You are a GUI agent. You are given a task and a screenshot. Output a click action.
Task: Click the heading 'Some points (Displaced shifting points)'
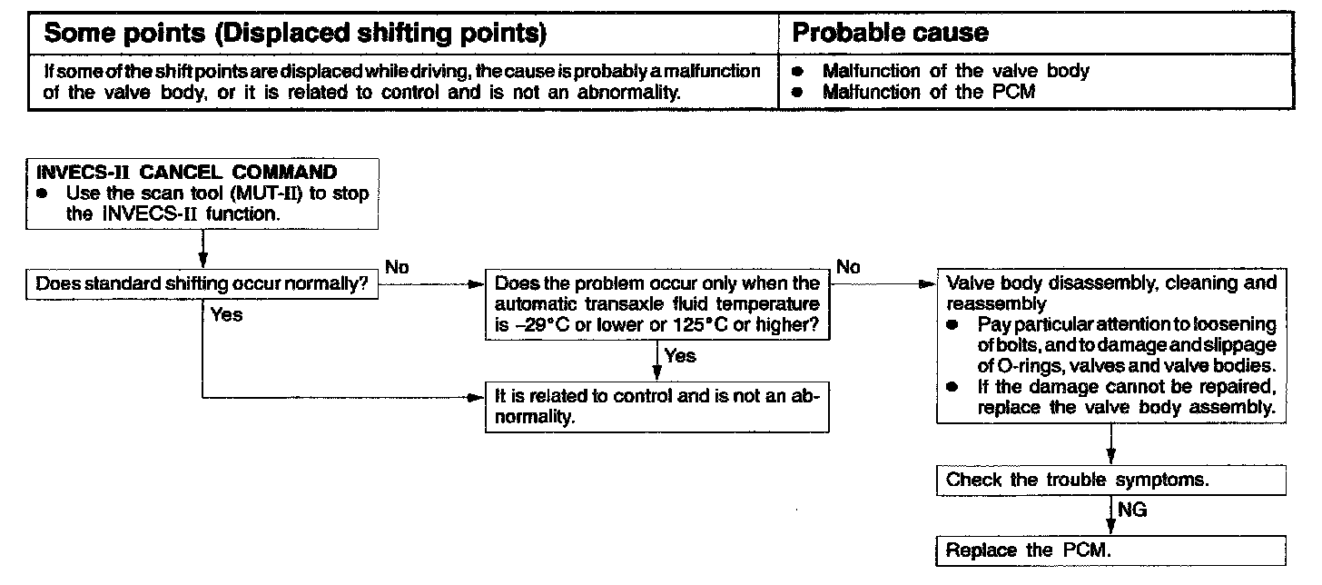point(295,34)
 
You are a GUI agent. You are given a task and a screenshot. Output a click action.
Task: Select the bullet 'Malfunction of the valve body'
point(955,71)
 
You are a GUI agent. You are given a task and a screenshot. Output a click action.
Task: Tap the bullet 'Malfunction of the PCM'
point(928,92)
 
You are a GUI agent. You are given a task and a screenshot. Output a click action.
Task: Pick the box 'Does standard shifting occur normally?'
point(201,283)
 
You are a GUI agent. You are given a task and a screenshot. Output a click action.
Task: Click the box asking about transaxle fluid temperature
point(656,305)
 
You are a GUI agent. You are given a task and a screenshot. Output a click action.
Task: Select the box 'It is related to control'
point(656,408)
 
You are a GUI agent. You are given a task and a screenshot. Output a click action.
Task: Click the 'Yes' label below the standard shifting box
point(227,315)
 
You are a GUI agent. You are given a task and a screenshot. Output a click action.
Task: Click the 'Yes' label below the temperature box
point(680,356)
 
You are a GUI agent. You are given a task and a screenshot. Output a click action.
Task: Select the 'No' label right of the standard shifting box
point(397,267)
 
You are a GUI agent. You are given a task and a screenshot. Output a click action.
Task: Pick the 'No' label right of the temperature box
point(848,267)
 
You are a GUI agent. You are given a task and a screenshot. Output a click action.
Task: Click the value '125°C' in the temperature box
point(704,326)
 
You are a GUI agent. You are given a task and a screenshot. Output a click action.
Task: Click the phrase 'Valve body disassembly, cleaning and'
point(1110,283)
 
